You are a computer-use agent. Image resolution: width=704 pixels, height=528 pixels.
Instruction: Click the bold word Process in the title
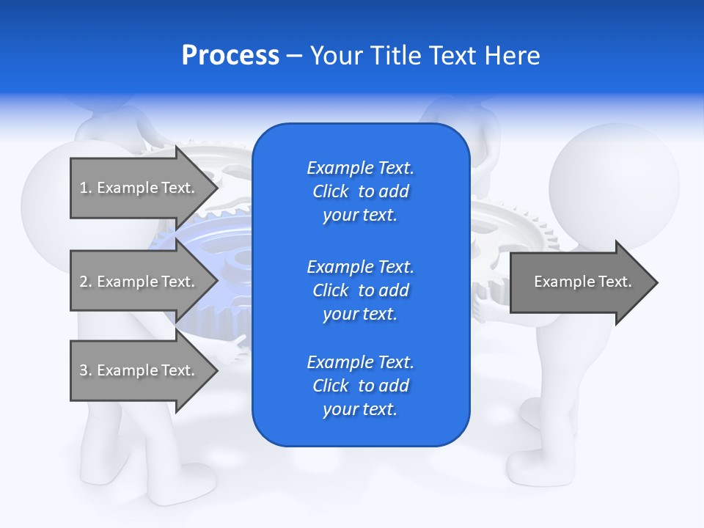pos(230,56)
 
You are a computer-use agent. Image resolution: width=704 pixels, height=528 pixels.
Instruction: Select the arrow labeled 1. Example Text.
pos(139,188)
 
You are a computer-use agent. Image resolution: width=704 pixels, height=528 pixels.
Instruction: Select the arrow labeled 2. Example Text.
pos(139,282)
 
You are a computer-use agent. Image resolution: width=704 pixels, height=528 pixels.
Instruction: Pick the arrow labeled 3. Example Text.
pos(139,370)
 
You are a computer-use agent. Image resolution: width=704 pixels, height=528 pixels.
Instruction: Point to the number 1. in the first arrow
pos(85,188)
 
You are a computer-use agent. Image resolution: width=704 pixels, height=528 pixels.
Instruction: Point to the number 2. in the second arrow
pos(85,282)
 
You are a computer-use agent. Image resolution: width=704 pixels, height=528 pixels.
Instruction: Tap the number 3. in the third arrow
pos(85,370)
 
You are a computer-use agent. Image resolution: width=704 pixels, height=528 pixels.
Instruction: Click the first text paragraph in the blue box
pos(360,191)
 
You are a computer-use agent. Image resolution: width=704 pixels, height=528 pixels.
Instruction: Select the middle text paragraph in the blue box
pos(360,290)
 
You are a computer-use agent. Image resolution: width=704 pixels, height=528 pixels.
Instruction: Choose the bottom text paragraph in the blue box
pos(360,386)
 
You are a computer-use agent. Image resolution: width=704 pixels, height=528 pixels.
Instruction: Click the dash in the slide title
pos(295,56)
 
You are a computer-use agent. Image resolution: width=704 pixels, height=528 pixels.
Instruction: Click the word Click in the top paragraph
pos(330,191)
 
